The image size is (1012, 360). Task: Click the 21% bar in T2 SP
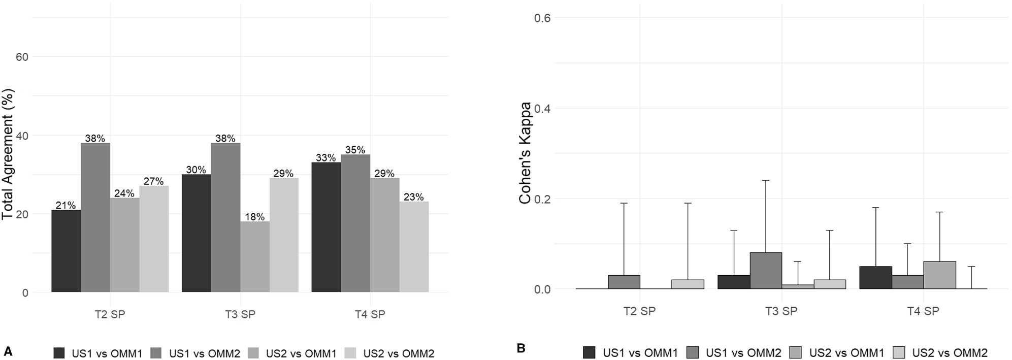pyautogui.click(x=66, y=251)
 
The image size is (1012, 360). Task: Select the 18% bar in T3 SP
pyautogui.click(x=255, y=256)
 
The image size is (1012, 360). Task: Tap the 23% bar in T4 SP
pyautogui.click(x=414, y=247)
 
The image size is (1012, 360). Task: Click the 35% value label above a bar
pyautogui.click(x=355, y=150)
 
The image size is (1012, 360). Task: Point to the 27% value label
pyautogui.click(x=153, y=182)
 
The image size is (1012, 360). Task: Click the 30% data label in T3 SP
pyautogui.click(x=196, y=170)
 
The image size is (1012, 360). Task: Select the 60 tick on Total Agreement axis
pyautogui.click(x=22, y=57)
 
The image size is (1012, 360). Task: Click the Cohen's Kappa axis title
pyautogui.click(x=525, y=153)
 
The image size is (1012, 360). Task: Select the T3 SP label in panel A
pyautogui.click(x=240, y=314)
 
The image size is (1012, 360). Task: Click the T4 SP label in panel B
pyautogui.click(x=923, y=311)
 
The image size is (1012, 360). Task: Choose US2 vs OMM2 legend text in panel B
pyautogui.click(x=950, y=352)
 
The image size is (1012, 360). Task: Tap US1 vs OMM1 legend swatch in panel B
pyautogui.click(x=589, y=352)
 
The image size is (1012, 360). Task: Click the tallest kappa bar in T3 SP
pyautogui.click(x=766, y=271)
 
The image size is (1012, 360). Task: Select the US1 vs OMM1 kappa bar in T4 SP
pyautogui.click(x=875, y=278)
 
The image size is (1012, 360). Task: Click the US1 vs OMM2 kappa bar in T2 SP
pyautogui.click(x=624, y=282)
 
